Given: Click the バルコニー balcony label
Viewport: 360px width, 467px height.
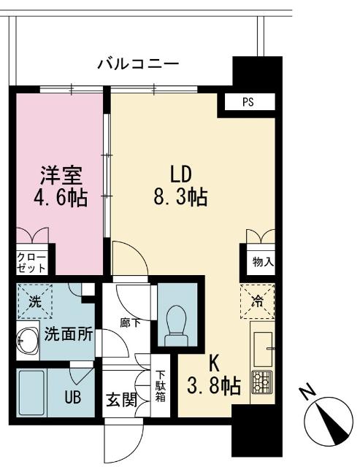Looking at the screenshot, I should click(137, 64).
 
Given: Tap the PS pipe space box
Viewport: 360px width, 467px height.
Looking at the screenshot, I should click(249, 102).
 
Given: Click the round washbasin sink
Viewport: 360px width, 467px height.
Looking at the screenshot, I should click(28, 341).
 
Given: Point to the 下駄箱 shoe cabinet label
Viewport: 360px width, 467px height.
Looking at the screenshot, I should click(160, 387).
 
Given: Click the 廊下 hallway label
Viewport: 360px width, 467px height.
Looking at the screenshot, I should click(131, 322).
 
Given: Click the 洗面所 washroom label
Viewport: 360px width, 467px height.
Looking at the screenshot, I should click(68, 336).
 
